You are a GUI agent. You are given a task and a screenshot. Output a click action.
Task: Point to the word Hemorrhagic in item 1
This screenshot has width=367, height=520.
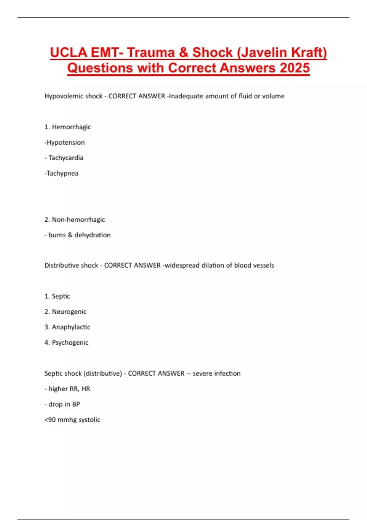pyautogui.click(x=71, y=127)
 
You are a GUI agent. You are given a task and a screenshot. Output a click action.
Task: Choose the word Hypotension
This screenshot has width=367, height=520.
pyautogui.click(x=65, y=143)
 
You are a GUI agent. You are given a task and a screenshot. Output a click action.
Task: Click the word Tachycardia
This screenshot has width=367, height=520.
pyautogui.click(x=66, y=158)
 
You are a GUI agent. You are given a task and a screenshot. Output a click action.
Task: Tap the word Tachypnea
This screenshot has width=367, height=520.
pyautogui.click(x=62, y=173)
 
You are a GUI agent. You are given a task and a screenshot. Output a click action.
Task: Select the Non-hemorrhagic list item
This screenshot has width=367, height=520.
pyautogui.click(x=78, y=220)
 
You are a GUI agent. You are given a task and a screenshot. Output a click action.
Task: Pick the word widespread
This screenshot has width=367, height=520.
pyautogui.click(x=182, y=266)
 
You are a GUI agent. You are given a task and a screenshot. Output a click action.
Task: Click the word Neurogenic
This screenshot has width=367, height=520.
pyautogui.click(x=69, y=312)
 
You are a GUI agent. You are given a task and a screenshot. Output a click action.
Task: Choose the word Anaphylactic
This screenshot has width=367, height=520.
pyautogui.click(x=71, y=327)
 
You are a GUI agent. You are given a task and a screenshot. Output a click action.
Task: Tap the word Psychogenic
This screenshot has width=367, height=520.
pyautogui.click(x=70, y=343)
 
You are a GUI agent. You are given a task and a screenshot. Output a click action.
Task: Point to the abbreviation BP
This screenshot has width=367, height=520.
pyautogui.click(x=76, y=404)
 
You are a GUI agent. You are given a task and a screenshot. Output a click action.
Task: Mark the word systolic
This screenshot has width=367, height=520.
pyautogui.click(x=89, y=420)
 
